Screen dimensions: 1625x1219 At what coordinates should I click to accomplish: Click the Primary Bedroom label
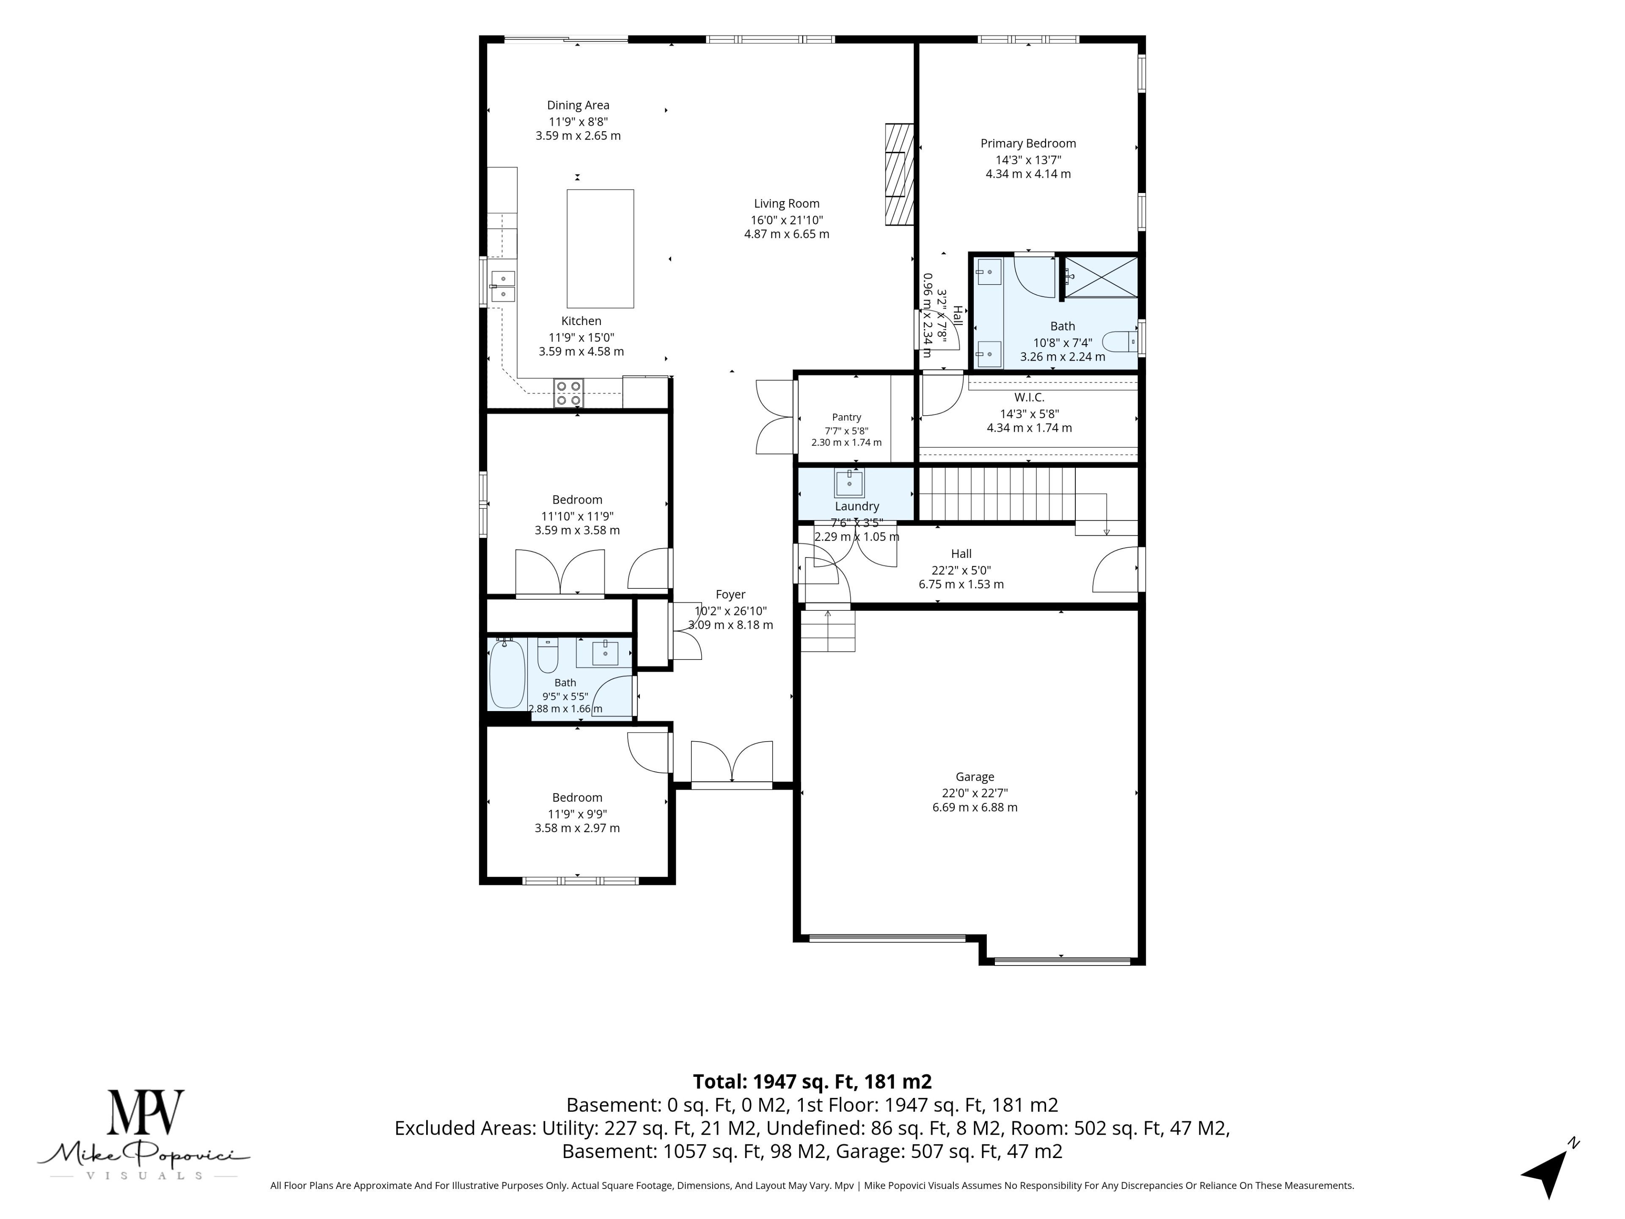1028,143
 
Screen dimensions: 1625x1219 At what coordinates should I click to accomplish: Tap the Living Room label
786,204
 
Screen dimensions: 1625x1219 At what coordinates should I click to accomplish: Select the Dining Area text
578,105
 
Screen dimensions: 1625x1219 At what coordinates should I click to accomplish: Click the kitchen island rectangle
600,248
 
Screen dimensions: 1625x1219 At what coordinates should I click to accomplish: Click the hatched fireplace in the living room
899,174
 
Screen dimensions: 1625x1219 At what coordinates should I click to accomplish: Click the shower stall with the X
1101,277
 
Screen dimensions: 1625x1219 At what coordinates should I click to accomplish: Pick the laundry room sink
849,483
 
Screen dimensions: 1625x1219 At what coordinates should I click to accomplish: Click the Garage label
975,777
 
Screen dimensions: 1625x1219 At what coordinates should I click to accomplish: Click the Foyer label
730,594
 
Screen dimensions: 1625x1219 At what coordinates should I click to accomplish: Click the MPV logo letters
146,1112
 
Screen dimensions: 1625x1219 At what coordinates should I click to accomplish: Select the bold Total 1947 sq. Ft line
812,1081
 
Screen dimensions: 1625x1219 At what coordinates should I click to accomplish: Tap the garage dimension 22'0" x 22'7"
975,793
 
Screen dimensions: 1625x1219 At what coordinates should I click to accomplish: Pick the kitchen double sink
503,287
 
